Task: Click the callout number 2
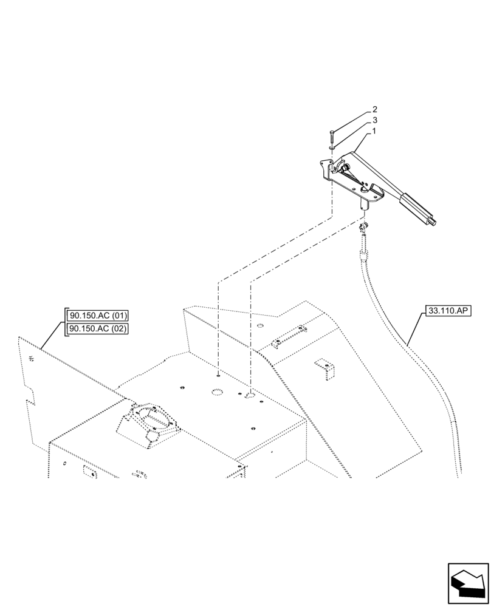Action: [375, 110]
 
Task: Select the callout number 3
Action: [375, 120]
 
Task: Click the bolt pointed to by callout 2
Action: [332, 136]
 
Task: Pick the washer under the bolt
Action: [331, 146]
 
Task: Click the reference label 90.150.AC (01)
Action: [98, 316]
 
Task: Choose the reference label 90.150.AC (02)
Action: [98, 328]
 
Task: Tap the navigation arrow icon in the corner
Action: [467, 583]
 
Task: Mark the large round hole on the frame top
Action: [218, 393]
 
